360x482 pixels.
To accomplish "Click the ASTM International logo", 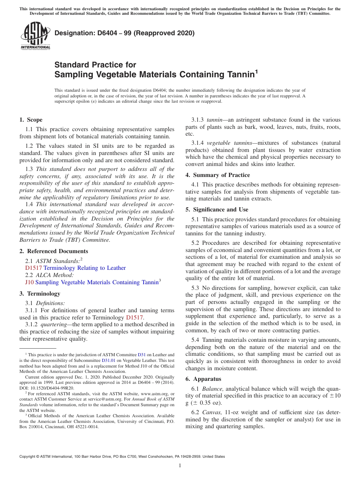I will [x=35, y=36].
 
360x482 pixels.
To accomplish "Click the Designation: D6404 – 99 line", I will [x=124, y=33].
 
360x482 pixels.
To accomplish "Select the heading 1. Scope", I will [x=31, y=120].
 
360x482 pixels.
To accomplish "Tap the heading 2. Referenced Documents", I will [x=53, y=251].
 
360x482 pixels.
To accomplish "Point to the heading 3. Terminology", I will [x=40, y=294].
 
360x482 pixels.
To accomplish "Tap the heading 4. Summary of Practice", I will [x=218, y=175].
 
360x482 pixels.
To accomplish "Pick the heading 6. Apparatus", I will [x=203, y=379].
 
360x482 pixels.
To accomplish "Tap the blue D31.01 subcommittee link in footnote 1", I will [x=108, y=360].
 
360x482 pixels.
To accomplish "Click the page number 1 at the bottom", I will [x=180, y=466].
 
